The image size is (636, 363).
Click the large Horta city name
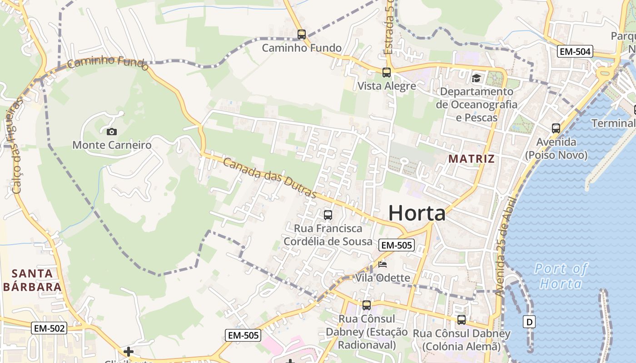point(417,213)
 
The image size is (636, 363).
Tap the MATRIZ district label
point(471,159)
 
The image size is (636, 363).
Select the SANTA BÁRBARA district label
point(32,280)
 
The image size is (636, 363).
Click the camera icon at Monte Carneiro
point(111,132)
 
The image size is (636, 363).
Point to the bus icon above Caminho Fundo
point(301,34)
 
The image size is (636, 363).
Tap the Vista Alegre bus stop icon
point(386,72)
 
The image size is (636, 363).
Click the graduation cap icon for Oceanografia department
point(476,78)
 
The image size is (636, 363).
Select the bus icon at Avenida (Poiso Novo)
point(556,128)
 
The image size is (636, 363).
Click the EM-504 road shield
point(575,52)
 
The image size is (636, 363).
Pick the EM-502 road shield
point(49,328)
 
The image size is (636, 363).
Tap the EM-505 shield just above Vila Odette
point(396,245)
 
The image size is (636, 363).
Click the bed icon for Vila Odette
point(383,265)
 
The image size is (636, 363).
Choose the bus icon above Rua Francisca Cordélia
point(328,215)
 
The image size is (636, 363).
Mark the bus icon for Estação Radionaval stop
point(366,305)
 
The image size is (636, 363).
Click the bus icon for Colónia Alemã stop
point(461,320)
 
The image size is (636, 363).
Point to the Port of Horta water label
point(561,276)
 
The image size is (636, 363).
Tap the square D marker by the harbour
point(529,322)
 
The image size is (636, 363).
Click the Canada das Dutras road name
point(270,177)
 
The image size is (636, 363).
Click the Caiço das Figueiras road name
point(15,147)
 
